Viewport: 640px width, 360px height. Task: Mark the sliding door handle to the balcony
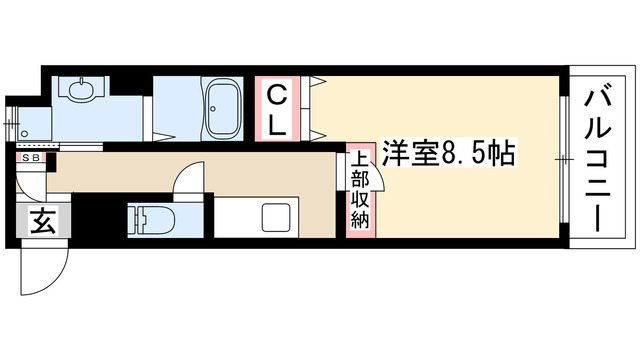[565, 157]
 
